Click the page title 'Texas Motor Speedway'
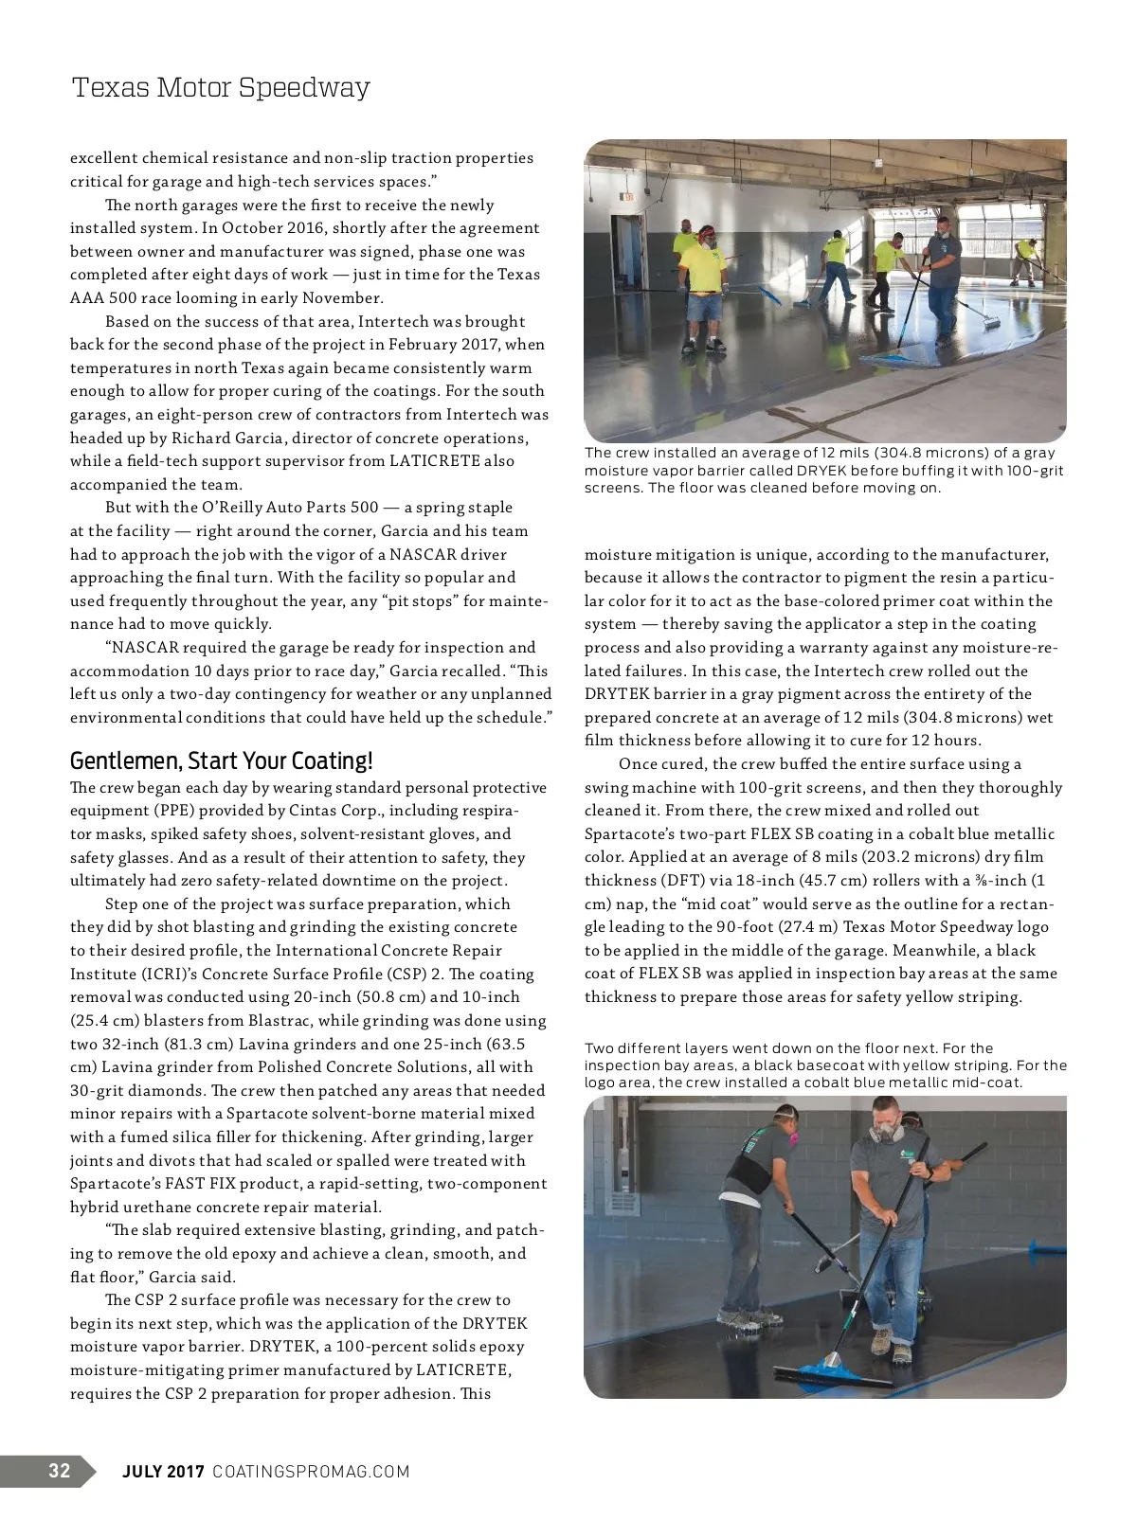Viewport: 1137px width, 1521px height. tap(220, 88)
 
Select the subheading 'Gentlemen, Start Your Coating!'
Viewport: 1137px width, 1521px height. tap(222, 760)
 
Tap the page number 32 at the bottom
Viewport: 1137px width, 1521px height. tap(59, 1470)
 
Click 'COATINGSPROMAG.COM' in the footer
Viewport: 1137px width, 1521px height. tap(311, 1471)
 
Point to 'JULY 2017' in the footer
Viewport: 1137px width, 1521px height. tap(164, 1471)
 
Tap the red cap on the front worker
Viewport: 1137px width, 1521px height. tap(705, 233)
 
